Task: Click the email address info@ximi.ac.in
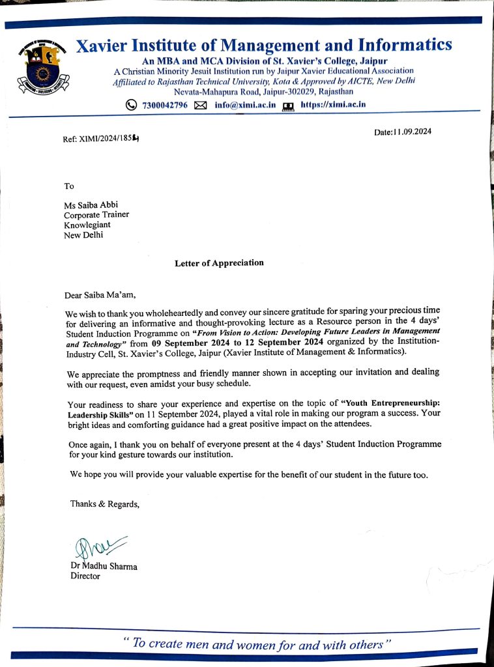(245, 105)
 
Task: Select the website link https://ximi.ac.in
(333, 104)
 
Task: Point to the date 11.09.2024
(403, 132)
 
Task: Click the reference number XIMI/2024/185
(102, 139)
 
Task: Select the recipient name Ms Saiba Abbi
(91, 205)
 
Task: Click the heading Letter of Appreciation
(219, 263)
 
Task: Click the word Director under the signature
(85, 576)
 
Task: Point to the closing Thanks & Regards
(104, 504)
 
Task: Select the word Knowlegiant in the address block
(87, 225)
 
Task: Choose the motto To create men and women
(256, 644)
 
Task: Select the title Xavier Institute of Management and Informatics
(263, 46)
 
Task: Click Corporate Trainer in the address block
(96, 215)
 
